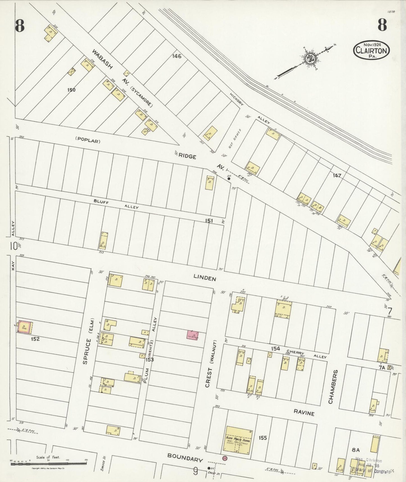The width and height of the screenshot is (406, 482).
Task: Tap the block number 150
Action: coord(71,90)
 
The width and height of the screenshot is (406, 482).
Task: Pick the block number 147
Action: coord(337,176)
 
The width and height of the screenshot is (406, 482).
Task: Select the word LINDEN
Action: coord(205,278)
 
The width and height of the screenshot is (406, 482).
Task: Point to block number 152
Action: coord(35,339)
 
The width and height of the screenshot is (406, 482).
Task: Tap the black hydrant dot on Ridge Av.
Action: coord(229,178)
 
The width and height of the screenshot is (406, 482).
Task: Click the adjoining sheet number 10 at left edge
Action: coord(13,246)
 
